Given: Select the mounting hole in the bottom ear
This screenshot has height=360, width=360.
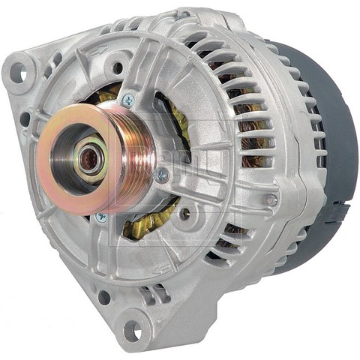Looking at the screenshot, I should click(x=133, y=331).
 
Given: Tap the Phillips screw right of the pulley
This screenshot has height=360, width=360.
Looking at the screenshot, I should click(x=162, y=174).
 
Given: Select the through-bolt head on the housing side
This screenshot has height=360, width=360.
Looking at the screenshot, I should click(x=272, y=200).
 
